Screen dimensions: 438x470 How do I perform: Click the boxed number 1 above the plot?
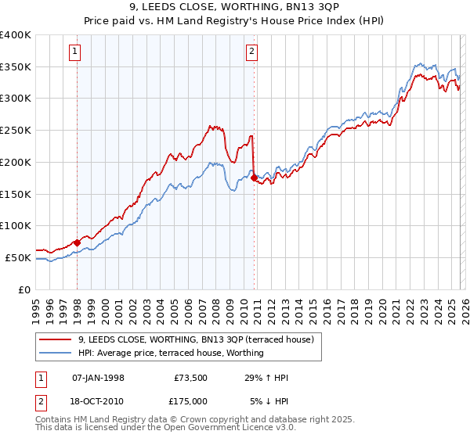coord(75,52)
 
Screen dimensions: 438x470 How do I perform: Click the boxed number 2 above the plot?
coord(251,52)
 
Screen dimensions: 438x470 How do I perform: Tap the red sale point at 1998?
coord(77,242)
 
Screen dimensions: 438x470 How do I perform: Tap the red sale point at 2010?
coord(255,178)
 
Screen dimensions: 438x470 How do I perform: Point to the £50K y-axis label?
coord(18,257)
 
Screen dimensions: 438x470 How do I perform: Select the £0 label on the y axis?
coord(26,289)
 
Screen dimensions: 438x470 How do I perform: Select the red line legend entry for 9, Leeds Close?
coord(196,339)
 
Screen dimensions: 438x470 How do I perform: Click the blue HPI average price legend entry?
coord(171,353)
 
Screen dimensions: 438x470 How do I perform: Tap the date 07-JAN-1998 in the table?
coord(98,378)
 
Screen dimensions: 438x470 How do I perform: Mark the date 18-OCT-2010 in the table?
coord(98,401)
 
